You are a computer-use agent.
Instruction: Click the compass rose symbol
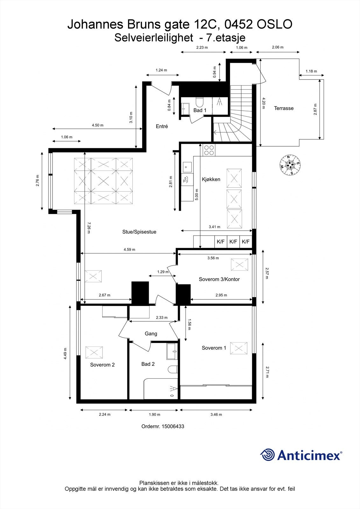[290, 165]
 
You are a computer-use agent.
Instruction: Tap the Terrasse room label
[284, 108]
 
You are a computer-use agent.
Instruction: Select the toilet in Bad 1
[200, 102]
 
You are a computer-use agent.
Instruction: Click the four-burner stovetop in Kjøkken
[209, 150]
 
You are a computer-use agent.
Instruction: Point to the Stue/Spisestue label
[139, 232]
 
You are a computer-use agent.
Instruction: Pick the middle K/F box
[233, 242]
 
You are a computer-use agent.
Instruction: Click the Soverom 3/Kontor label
[219, 279]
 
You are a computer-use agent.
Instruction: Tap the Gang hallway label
[151, 334]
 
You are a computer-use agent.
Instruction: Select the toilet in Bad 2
[173, 370]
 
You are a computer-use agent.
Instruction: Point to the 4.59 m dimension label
[129, 249]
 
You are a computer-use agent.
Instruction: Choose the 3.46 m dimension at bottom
[216, 415]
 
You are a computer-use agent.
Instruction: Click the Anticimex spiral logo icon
[267, 455]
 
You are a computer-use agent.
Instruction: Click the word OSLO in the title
[274, 24]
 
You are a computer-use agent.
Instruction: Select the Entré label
[162, 126]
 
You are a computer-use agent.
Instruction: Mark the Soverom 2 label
[102, 365]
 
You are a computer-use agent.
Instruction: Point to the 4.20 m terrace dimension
[263, 103]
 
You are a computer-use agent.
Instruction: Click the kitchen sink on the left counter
[187, 166]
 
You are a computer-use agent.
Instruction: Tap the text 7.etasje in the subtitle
[226, 38]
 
